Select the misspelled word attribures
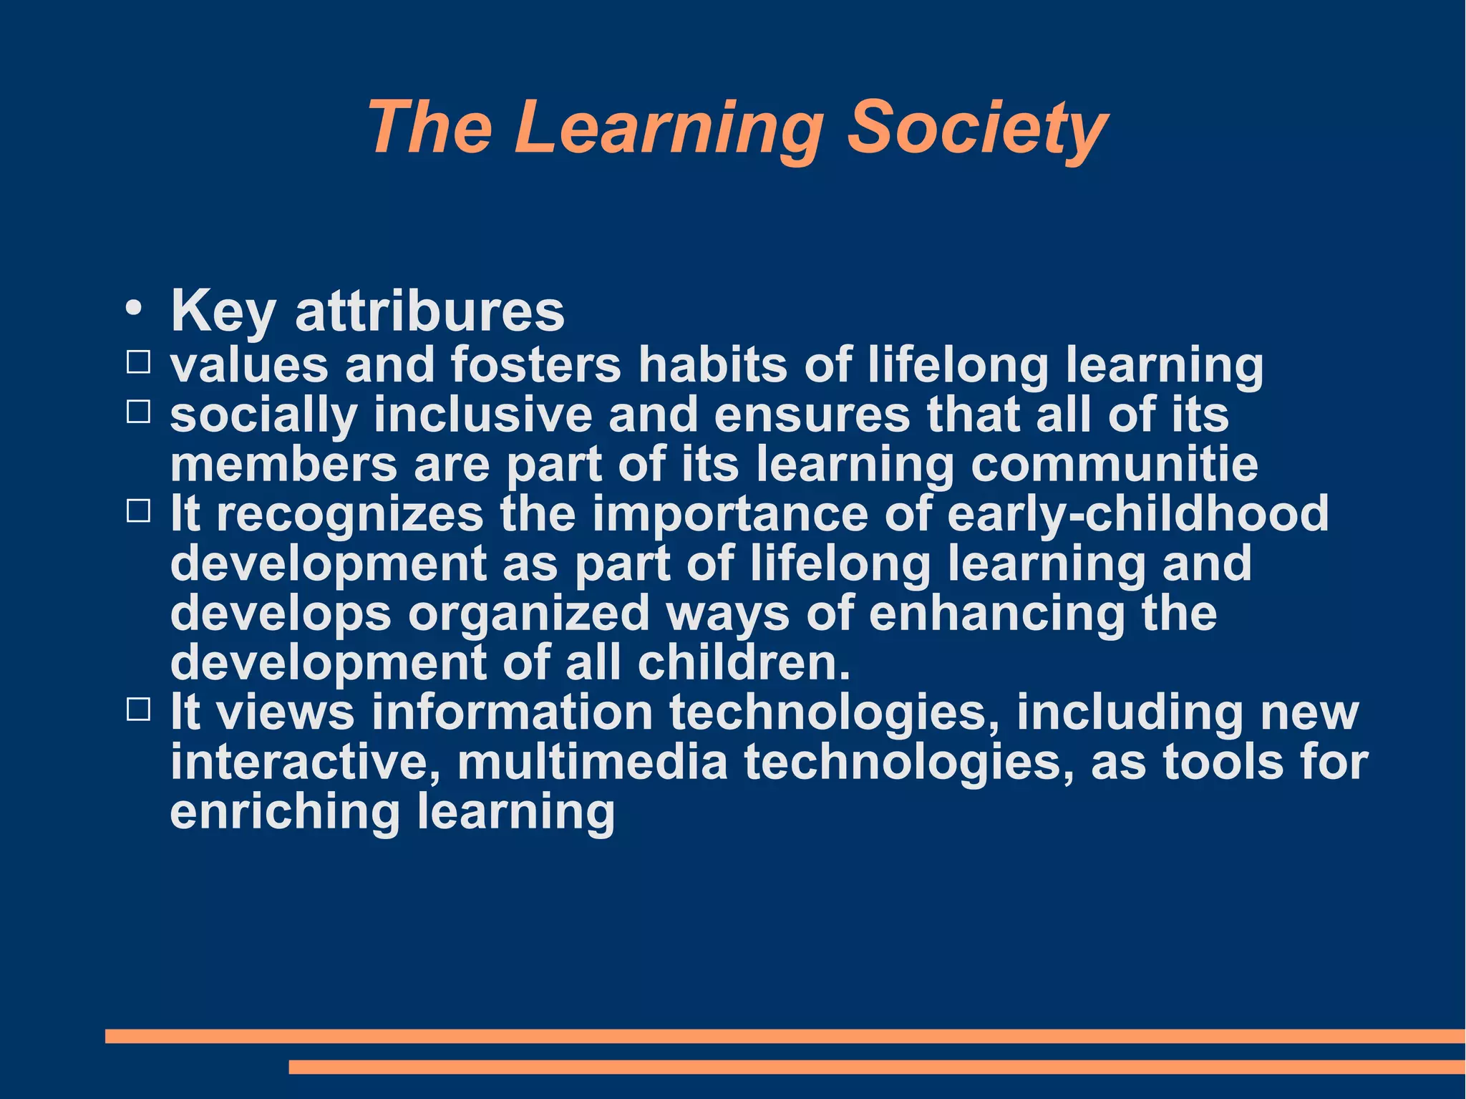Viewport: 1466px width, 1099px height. pyautogui.click(x=429, y=311)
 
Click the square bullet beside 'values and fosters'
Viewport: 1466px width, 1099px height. pyautogui.click(x=138, y=362)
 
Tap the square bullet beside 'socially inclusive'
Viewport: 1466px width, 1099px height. pyautogui.click(x=138, y=412)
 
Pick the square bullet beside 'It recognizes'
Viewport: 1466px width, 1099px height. pyautogui.click(x=138, y=511)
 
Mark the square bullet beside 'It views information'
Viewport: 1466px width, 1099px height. pyautogui.click(x=138, y=710)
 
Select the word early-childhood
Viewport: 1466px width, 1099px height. pyautogui.click(x=1137, y=513)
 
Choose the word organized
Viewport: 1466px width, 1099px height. pyautogui.click(x=528, y=614)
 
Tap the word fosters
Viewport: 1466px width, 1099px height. pyautogui.click(x=535, y=364)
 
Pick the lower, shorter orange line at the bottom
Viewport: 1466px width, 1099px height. pyautogui.click(x=877, y=1067)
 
